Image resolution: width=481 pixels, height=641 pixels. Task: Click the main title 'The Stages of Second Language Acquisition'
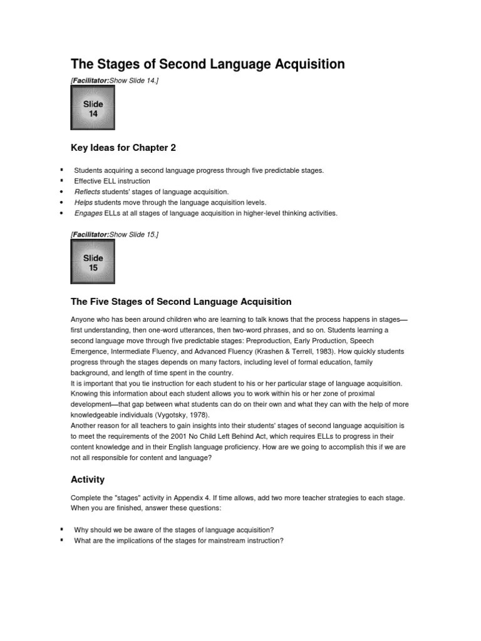(207, 64)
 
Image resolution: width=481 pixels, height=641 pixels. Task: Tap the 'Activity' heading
(88, 479)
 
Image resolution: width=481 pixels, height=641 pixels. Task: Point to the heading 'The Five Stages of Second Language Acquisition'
(181, 302)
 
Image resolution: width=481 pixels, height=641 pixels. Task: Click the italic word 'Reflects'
(87, 192)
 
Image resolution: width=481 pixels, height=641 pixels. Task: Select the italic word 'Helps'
(83, 202)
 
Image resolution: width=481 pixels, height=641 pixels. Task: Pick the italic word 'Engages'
(88, 213)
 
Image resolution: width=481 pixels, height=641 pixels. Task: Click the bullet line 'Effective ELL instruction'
(112, 181)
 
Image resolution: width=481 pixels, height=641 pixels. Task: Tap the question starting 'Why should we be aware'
(173, 530)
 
